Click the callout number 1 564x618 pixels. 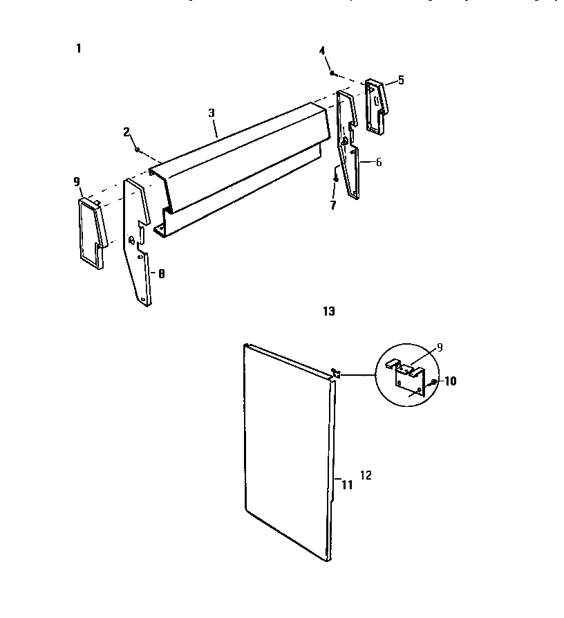pos(79,48)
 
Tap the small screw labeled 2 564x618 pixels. pos(138,149)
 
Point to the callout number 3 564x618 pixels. pos(211,112)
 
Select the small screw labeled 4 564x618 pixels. pos(332,73)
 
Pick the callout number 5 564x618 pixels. pos(401,80)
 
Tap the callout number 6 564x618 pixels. pos(379,163)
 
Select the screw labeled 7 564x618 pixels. pos(335,179)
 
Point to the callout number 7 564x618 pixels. pos(332,206)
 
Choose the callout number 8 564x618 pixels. pos(161,274)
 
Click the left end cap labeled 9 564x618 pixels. pos(91,232)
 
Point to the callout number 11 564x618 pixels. pos(347,485)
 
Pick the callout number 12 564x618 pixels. pos(366,475)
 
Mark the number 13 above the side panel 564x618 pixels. pos(329,311)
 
